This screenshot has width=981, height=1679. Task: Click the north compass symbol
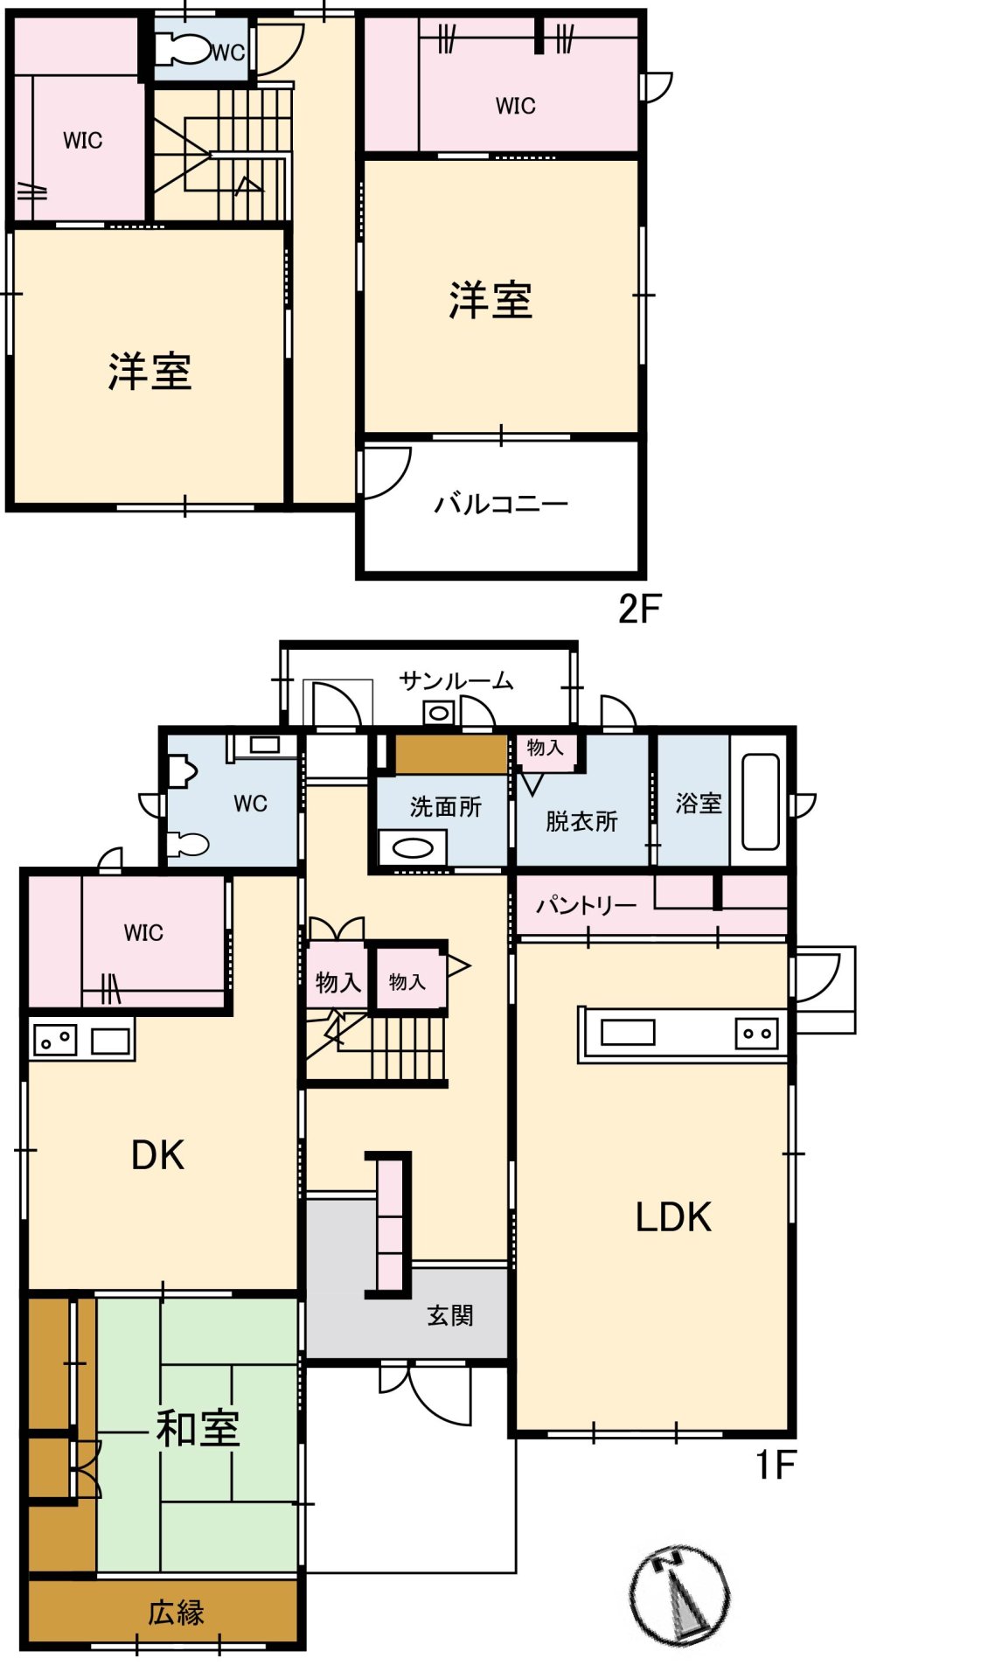coord(679,1595)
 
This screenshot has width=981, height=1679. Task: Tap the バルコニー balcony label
coord(501,504)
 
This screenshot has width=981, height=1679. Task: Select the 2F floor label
coord(639,609)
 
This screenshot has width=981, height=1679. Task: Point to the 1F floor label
coord(776,1465)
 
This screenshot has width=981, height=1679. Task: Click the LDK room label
coord(673,1216)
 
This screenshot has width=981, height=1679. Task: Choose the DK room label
coord(157,1155)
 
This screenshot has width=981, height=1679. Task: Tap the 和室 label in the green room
coord(198,1428)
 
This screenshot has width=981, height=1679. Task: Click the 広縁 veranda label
coord(176,1612)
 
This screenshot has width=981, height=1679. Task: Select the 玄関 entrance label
coord(450,1314)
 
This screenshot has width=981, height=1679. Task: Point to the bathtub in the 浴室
coord(760,801)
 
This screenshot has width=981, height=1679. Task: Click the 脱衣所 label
coord(581,821)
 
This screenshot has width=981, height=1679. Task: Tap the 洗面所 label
coord(446,806)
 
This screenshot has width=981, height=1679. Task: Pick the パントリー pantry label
coord(586,904)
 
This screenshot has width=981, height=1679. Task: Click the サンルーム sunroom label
coord(456,680)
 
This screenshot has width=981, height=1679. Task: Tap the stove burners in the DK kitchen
coord(54,1041)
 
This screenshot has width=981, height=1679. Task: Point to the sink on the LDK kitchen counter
coord(628,1033)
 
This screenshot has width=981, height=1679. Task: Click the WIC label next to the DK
coord(143,932)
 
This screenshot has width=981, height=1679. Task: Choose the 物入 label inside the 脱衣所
coord(545,748)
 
